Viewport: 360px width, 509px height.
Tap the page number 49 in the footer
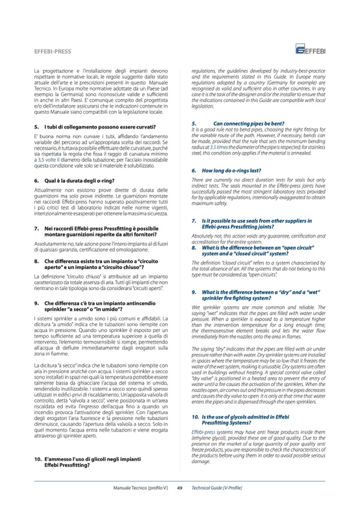[x=180, y=487]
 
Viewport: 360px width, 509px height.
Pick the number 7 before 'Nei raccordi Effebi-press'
[x=35, y=228]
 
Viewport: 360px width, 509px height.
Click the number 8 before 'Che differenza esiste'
[x=35, y=261]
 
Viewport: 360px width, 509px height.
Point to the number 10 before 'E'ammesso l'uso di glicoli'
[x=37, y=457]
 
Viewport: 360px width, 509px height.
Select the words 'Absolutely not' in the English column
[x=206, y=235]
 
